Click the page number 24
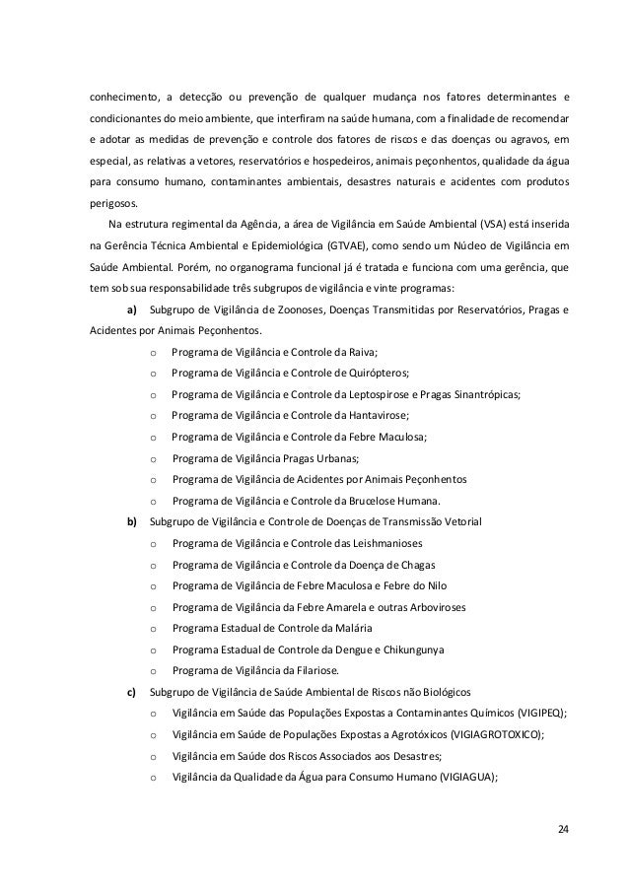tap(562, 826)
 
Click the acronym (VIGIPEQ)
tap(533, 714)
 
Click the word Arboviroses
tap(431, 607)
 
